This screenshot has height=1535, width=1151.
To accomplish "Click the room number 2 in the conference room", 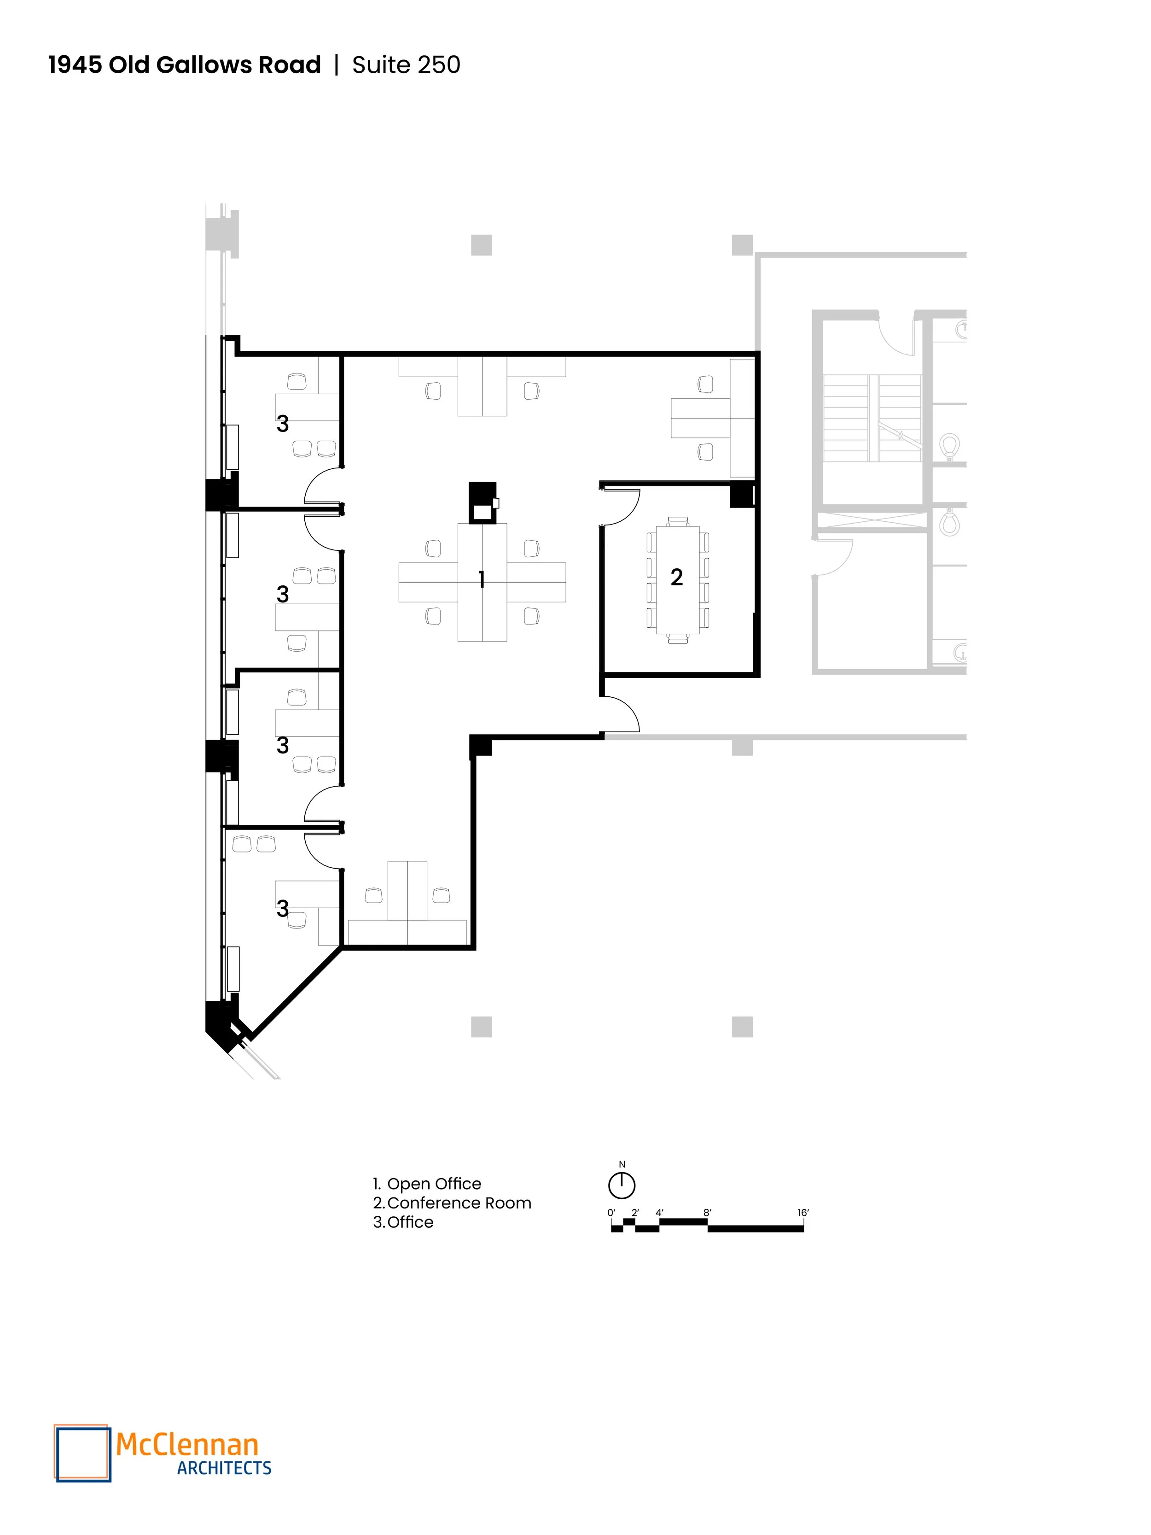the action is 676,577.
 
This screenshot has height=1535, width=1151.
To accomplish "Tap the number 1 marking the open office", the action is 482,579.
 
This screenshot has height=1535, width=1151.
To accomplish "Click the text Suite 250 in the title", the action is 406,64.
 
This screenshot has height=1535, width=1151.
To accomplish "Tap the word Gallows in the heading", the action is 204,64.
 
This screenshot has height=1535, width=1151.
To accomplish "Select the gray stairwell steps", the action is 872,418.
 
